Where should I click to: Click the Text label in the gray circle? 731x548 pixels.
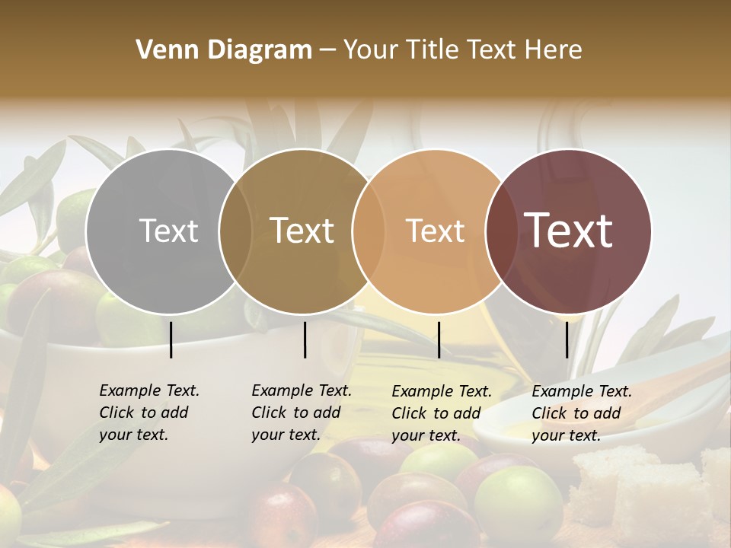[168, 231]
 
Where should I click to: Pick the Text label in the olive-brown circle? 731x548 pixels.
[302, 231]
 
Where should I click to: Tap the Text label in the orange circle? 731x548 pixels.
[435, 231]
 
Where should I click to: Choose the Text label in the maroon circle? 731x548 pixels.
[568, 231]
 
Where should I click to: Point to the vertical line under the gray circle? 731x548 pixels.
[171, 339]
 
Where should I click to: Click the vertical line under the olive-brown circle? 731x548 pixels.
[305, 339]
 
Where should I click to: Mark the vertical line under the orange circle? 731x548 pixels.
[439, 339]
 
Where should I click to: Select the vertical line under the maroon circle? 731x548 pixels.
[567, 339]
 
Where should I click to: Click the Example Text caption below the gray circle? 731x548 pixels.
[148, 413]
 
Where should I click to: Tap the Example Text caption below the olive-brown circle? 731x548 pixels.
[301, 413]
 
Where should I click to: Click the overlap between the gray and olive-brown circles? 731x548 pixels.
[235, 231]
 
